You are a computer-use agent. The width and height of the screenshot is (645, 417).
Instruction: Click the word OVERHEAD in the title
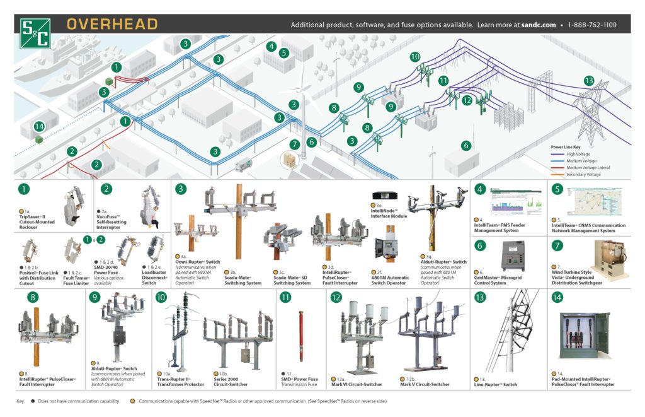point(112,25)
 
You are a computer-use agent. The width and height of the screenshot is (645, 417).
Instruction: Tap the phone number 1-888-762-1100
point(591,25)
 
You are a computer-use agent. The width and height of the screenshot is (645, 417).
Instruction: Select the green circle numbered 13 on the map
point(589,81)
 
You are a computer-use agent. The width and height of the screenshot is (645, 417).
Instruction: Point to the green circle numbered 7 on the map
point(294,144)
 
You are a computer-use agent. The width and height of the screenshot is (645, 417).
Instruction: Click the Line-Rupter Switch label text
point(495,384)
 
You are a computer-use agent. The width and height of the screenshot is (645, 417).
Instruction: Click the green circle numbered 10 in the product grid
point(161,297)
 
